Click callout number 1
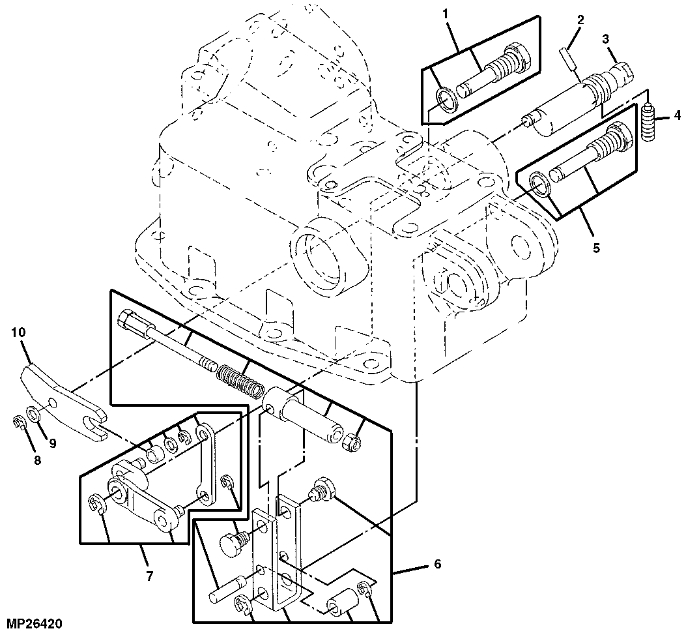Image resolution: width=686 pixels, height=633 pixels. click(446, 14)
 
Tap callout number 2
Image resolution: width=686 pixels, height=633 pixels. click(580, 20)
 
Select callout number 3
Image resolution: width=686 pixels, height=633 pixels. click(605, 39)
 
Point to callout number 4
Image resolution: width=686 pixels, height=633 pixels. click(678, 115)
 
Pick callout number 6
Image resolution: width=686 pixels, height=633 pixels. click(438, 564)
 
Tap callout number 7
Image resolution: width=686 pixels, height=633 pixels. click(150, 576)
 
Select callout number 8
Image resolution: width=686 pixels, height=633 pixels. click(37, 460)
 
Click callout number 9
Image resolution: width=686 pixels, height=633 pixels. click(53, 444)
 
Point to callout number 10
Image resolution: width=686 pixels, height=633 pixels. click(19, 332)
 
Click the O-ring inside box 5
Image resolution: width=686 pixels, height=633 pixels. click(541, 184)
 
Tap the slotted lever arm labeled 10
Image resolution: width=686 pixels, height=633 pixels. click(62, 398)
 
